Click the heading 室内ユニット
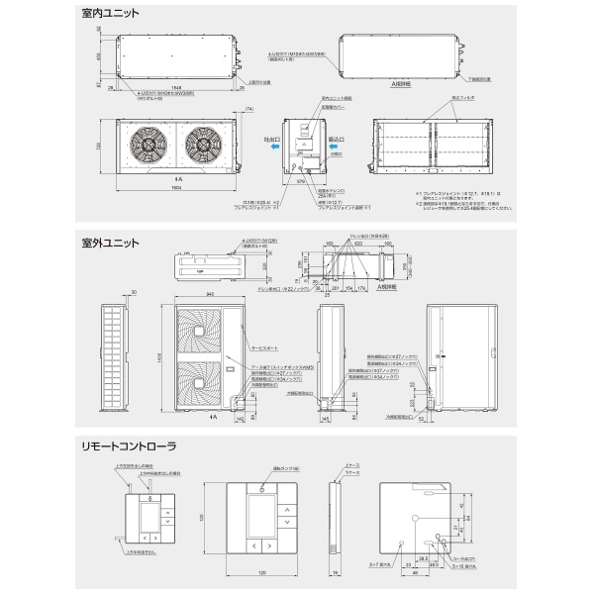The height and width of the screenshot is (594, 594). tap(111, 15)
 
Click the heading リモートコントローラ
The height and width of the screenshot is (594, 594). tap(129, 446)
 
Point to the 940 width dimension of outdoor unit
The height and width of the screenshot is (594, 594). tap(204, 294)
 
